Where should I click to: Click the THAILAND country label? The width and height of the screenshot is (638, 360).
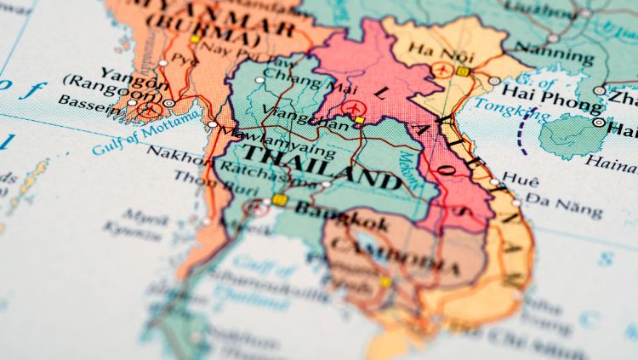pos(321,167)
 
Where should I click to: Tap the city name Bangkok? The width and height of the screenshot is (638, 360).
pos(340,217)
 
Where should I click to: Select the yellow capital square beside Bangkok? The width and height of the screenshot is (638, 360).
pos(280,201)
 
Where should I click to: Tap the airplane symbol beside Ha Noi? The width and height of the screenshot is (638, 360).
pos(441,68)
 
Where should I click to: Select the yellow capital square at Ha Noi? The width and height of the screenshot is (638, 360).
pos(463,72)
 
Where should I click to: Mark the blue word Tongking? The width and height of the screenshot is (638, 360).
pos(502,108)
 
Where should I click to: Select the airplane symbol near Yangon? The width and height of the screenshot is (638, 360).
pos(150,108)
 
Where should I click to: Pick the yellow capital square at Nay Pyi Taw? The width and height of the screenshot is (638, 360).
pos(195,39)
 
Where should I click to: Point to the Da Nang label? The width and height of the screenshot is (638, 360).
pos(563,205)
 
